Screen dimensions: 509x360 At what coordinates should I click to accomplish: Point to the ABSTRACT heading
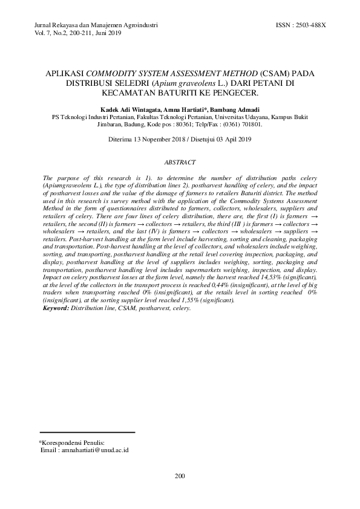180,162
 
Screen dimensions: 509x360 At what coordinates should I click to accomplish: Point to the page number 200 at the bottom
180,476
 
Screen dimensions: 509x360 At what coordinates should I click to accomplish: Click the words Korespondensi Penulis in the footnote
73,443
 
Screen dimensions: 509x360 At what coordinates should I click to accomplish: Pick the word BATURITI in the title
185,93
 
